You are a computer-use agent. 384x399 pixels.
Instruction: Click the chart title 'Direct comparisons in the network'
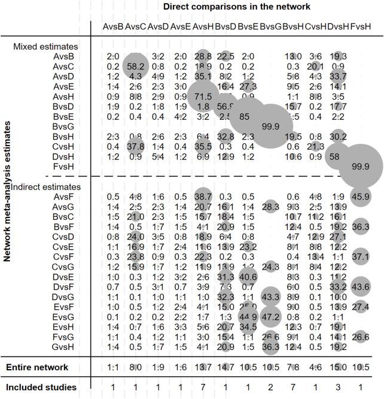click(237, 7)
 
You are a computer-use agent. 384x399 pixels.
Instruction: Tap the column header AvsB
click(113, 27)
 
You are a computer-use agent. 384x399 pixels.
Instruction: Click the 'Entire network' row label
click(40, 367)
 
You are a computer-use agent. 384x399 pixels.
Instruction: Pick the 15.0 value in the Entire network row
click(339, 367)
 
